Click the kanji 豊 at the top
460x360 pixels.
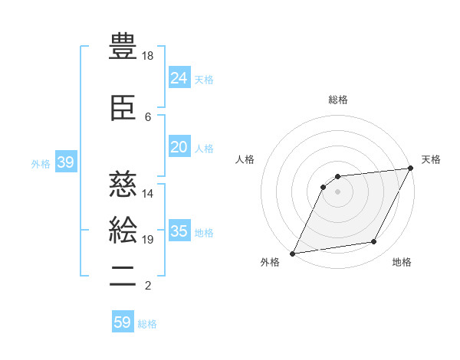[123, 46]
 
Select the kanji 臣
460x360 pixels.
[123, 107]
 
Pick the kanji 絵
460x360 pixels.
[123, 230]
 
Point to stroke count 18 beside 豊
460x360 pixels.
[148, 56]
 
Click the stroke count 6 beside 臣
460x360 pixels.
[148, 117]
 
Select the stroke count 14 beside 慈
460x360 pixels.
[148, 194]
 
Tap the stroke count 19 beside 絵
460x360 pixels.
[148, 240]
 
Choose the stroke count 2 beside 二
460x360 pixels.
[148, 286]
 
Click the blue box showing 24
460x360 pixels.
[179, 78]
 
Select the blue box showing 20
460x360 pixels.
[179, 147]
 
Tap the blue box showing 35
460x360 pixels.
[179, 231]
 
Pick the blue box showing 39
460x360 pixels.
[65, 162]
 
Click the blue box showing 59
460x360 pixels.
[122, 322]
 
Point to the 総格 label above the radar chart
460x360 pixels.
[338, 100]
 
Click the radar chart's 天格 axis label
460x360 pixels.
[431, 159]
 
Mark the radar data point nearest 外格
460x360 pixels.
[292, 254]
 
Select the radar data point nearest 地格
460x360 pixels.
[374, 242]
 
